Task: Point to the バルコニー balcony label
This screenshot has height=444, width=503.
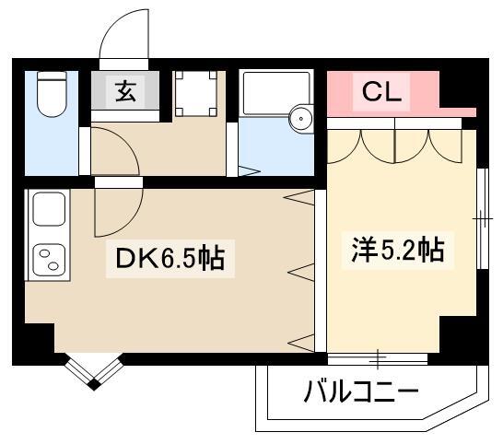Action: tap(361, 393)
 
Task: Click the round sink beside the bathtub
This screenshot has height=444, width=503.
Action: tap(301, 119)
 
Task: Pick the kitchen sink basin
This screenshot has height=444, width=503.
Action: tap(47, 211)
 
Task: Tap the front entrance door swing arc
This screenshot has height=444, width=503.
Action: tap(123, 37)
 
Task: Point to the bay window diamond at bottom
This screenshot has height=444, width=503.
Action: tap(92, 375)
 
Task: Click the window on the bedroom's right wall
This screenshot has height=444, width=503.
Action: tap(481, 217)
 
